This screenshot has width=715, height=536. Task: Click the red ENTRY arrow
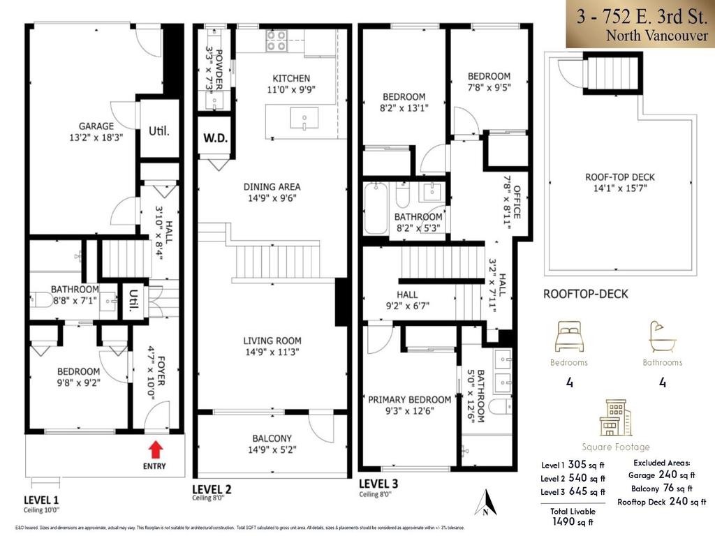pyautogui.click(x=156, y=448)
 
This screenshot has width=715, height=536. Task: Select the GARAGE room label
pyautogui.click(x=96, y=126)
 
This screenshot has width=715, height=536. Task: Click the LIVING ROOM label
pyautogui.click(x=272, y=341)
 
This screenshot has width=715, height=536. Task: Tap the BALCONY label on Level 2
pyautogui.click(x=272, y=438)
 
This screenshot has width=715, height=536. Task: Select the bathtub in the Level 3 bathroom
pyautogui.click(x=375, y=208)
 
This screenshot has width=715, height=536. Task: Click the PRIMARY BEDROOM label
pyautogui.click(x=410, y=399)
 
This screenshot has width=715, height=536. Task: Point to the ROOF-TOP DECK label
pyautogui.click(x=620, y=177)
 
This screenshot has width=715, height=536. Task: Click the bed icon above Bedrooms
pyautogui.click(x=569, y=337)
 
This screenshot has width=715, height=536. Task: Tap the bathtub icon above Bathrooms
pyautogui.click(x=662, y=337)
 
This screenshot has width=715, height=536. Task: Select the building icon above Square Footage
pyautogui.click(x=615, y=417)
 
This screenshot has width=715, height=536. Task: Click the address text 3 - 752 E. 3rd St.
pyautogui.click(x=641, y=15)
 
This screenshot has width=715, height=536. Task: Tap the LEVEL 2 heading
pyautogui.click(x=214, y=489)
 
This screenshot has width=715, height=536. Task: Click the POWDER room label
pyautogui.click(x=219, y=68)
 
